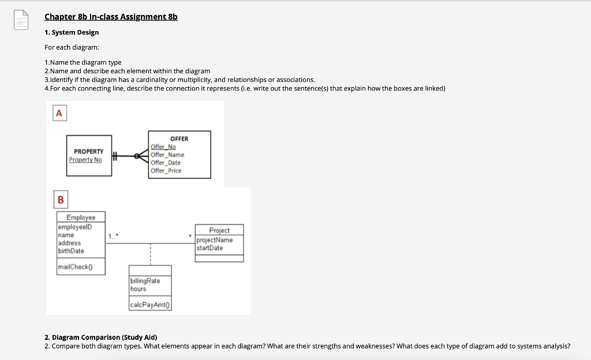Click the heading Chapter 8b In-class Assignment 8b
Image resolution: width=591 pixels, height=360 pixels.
pos(111,17)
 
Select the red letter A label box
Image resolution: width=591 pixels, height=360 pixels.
pos(59,114)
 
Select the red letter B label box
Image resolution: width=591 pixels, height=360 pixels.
pos(61,200)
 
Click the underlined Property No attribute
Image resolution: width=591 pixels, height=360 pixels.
pos(85,159)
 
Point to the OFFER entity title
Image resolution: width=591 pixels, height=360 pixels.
pos(179,138)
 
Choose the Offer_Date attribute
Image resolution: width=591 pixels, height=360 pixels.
pos(166,163)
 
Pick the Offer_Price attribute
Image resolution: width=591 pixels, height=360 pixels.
pos(166,170)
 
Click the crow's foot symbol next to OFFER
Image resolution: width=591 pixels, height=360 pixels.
pos(140,155)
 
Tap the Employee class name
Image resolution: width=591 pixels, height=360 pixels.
pos(81,217)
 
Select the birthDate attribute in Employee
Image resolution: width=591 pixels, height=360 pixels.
pos(71,251)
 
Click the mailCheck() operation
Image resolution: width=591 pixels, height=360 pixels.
pos(75,267)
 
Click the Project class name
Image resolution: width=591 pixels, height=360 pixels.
pos(219,230)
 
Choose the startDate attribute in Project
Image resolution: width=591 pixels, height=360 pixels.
pos(210,248)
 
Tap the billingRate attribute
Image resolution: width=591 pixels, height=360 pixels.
pos(145,280)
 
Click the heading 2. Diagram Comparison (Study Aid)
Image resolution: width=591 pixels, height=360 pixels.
pos(104,337)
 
